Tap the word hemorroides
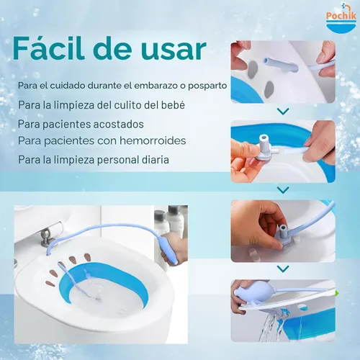pos(150,140)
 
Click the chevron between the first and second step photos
pos(283,112)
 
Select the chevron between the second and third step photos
pos(283,189)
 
